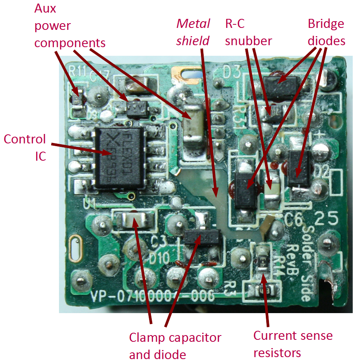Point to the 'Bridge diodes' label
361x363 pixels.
(x=326, y=32)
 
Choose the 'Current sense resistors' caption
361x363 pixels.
(x=293, y=344)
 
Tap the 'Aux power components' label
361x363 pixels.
(x=70, y=25)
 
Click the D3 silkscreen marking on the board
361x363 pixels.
(x=232, y=72)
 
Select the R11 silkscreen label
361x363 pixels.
(x=77, y=71)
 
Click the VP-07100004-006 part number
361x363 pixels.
(x=153, y=295)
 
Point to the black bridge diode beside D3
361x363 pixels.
(x=282, y=85)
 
